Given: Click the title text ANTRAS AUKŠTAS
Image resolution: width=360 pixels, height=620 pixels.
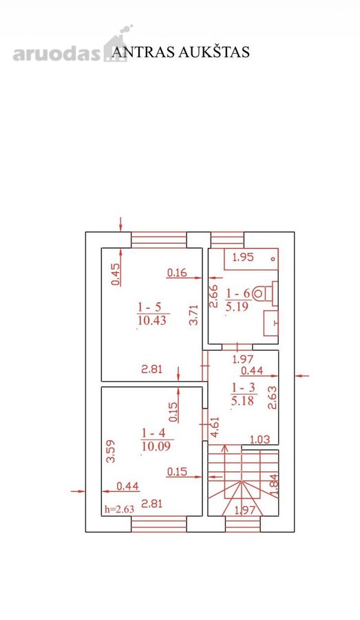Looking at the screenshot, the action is coord(180,52).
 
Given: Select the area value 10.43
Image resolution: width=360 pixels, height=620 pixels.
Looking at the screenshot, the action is coord(152,320).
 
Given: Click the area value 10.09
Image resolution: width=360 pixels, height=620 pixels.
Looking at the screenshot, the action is coord(156,446).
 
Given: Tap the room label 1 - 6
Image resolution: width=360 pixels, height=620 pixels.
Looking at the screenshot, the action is coord(238,293).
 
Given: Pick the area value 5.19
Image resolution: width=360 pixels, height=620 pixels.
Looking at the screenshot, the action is coord(237,307).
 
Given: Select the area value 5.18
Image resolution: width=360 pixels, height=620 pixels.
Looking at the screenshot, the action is coord(242,400).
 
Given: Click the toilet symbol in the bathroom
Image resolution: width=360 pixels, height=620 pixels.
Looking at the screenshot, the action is coord(264,293).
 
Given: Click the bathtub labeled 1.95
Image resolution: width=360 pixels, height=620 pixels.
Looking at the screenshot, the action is coord(251,258).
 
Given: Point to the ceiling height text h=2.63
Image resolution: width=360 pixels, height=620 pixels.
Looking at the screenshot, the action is coord(119,509).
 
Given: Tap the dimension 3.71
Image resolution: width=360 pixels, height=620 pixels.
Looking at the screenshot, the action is coord(193,314).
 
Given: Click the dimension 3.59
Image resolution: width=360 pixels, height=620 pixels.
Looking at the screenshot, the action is coord(111,451).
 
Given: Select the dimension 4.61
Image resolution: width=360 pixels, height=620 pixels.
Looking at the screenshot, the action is coord(214,426).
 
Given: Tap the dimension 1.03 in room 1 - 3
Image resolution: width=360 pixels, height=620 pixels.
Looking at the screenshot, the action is coord(260,439).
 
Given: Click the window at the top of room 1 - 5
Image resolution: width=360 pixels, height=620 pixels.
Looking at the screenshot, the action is coord(158,240).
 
